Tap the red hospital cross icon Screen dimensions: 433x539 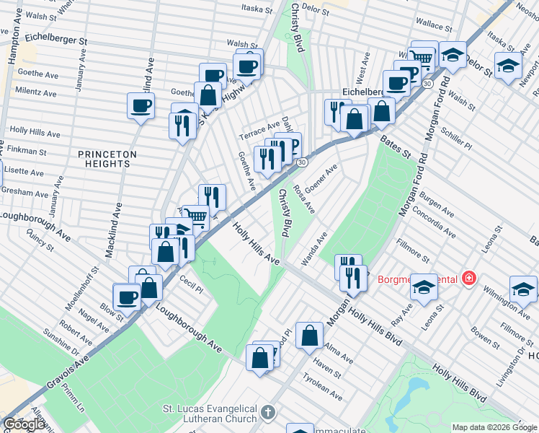pyautogui.click(x=469, y=278)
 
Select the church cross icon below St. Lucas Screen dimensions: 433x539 pyautogui.click(x=267, y=414)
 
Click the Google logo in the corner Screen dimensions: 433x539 pyautogui.click(x=24, y=425)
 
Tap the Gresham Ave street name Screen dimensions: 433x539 pyautogui.click(x=24, y=193)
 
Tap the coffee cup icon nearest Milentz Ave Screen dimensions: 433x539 pyautogui.click(x=141, y=106)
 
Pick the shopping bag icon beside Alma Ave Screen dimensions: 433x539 pyautogui.click(x=309, y=335)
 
